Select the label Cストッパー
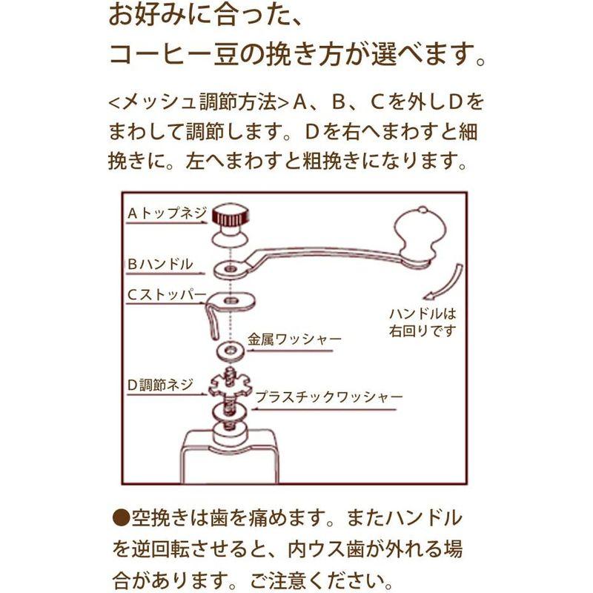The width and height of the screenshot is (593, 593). click(x=166, y=294)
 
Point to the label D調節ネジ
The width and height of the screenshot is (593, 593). click(x=160, y=384)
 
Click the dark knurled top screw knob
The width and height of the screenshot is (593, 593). click(x=230, y=216)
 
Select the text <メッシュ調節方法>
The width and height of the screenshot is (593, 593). click(x=199, y=102)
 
